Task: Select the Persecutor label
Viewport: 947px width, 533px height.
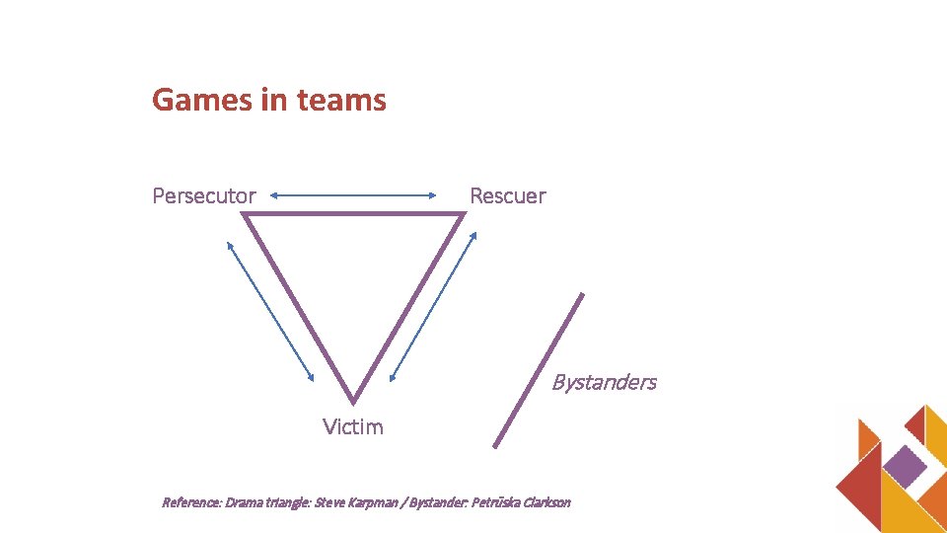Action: [204, 195]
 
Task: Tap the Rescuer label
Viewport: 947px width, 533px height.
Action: [507, 195]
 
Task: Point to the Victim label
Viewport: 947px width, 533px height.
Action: [353, 426]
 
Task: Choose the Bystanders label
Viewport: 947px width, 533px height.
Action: [604, 382]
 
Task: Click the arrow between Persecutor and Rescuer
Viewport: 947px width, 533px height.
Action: [353, 195]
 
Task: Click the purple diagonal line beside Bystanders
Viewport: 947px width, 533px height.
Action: [539, 370]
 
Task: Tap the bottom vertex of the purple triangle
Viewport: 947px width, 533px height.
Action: [353, 401]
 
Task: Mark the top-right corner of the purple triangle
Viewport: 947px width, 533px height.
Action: [462, 215]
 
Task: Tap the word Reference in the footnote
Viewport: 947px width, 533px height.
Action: [191, 502]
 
